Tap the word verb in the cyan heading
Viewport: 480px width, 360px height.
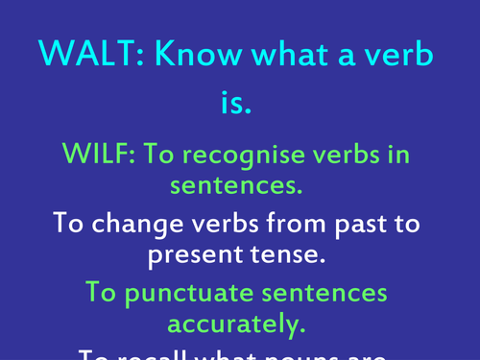coord(396,57)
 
